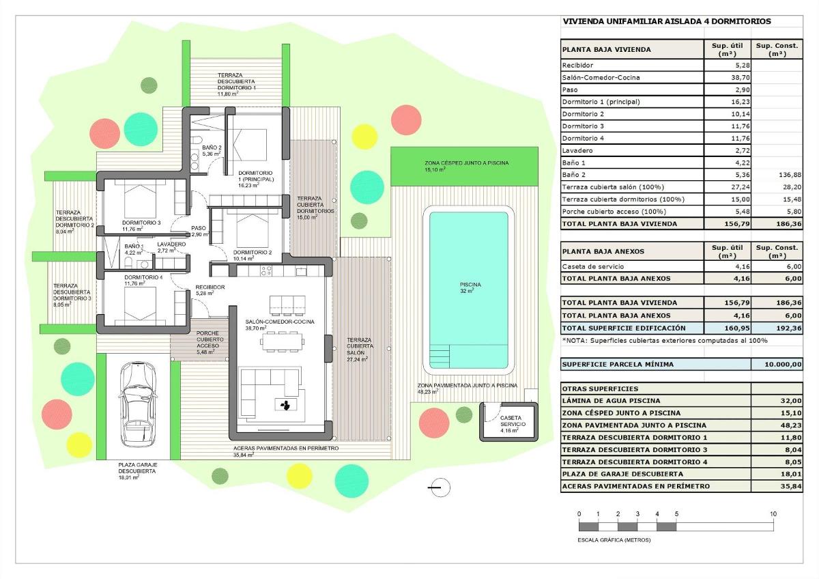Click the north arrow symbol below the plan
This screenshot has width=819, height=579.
[x=440, y=487]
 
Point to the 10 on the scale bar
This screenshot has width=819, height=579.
[x=773, y=514]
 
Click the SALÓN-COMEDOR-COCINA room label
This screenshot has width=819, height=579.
[x=280, y=321]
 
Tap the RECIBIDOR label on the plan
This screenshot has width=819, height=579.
[x=210, y=287]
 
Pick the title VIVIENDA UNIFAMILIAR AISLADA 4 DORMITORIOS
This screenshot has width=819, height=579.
[x=666, y=22]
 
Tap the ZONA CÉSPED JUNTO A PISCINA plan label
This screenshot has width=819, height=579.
[x=467, y=163]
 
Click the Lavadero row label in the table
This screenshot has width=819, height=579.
[x=577, y=150]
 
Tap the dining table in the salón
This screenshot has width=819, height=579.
[x=283, y=339]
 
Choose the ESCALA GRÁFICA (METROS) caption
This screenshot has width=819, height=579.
[x=614, y=540]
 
